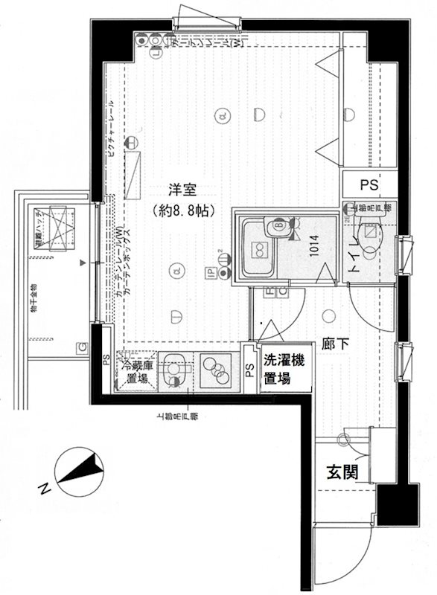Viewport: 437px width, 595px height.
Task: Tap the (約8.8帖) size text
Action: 181,210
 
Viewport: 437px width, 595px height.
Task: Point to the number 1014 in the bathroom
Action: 315,245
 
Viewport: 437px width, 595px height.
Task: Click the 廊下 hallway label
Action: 333,344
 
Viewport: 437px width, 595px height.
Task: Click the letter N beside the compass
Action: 45,489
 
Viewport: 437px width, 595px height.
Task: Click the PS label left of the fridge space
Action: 106,361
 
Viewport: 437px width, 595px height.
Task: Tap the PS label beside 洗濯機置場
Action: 248,371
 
